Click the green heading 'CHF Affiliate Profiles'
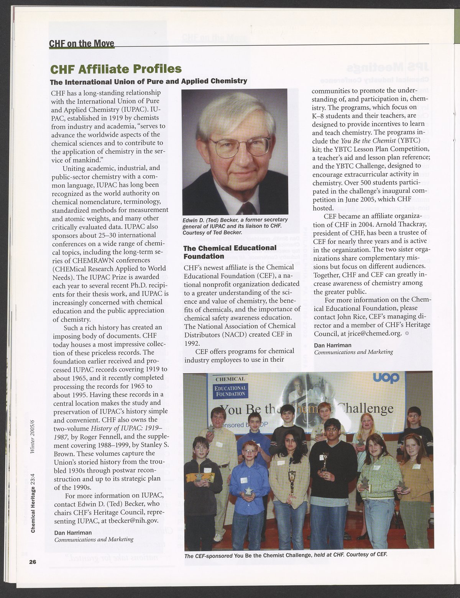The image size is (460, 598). [116, 69]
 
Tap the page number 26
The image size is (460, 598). [32, 562]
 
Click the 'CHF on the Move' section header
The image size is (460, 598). [82, 43]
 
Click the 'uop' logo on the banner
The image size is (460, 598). [386, 378]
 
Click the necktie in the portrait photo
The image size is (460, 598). [246, 209]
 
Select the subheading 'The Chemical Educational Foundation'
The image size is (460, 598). [230, 252]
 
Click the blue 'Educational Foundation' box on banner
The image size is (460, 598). [230, 391]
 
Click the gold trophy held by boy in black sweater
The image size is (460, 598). [325, 462]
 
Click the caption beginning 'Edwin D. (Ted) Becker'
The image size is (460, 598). [235, 226]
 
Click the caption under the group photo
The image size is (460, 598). [286, 555]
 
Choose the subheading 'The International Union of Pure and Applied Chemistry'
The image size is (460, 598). [149, 81]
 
